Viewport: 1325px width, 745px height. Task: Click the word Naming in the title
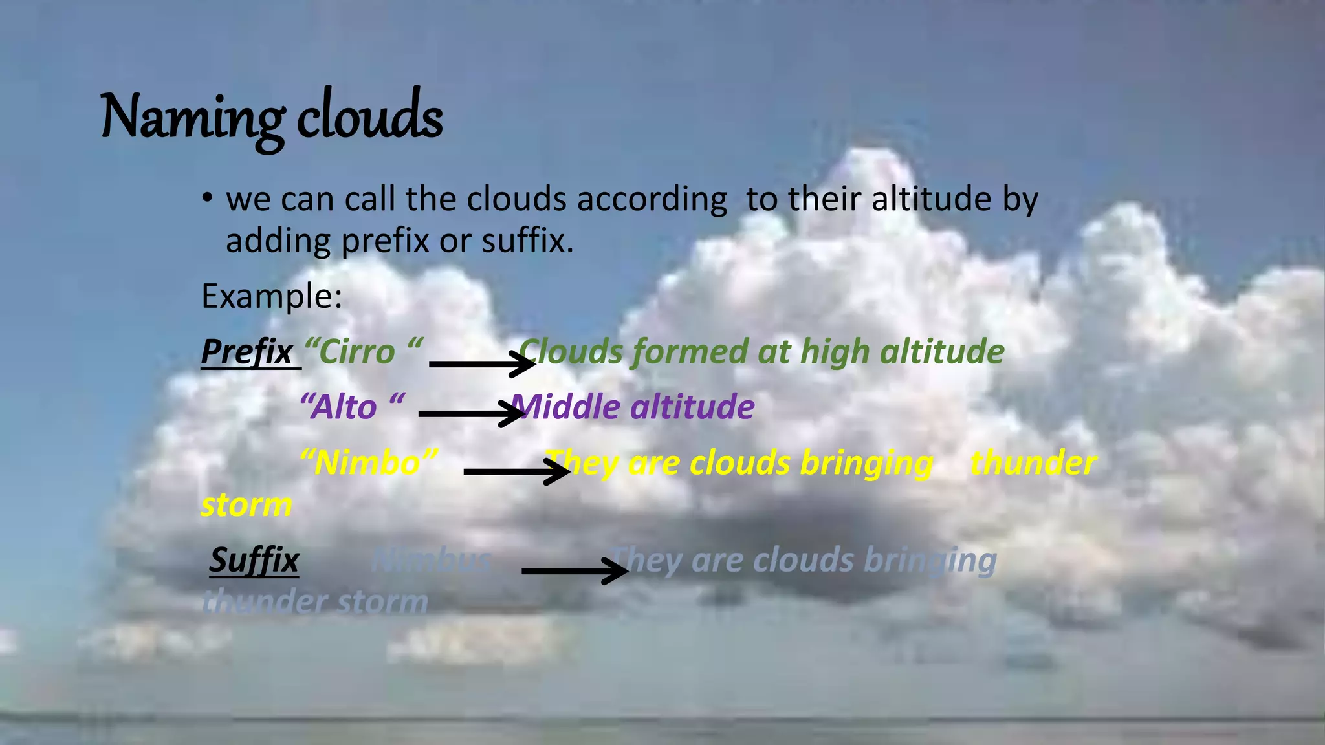click(192, 118)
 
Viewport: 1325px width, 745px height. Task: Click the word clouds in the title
click(369, 118)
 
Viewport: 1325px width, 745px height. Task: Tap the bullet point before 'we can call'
click(206, 197)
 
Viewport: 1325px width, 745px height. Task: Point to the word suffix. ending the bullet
click(527, 241)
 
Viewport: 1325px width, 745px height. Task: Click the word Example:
click(271, 296)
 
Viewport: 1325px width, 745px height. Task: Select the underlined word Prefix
click(247, 352)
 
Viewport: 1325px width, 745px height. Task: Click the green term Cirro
click(356, 352)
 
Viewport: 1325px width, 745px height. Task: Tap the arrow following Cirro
click(482, 364)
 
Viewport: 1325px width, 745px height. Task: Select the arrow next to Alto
click(471, 413)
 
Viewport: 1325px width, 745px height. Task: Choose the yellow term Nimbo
click(367, 463)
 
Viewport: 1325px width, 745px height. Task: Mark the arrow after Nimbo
click(516, 471)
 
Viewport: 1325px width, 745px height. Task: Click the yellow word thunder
click(1033, 463)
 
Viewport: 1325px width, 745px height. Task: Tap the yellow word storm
click(246, 505)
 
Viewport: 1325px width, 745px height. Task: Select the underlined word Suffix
click(254, 560)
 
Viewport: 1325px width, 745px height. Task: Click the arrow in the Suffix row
click(574, 570)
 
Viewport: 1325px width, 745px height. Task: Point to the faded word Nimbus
click(432, 560)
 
